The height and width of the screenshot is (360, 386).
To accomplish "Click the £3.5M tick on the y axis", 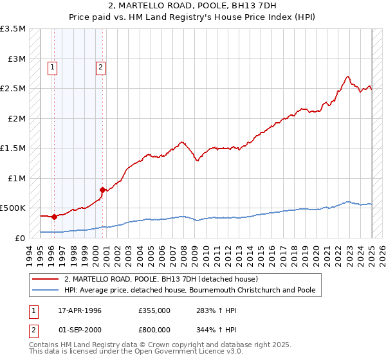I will pos(13,29).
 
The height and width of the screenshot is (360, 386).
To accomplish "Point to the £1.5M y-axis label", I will pos(13,148).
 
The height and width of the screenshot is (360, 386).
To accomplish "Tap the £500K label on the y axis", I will pos(13,208).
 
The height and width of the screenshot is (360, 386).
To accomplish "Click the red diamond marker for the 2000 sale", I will pos(102,190).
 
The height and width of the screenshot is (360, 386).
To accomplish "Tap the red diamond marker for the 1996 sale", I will pos(54,217).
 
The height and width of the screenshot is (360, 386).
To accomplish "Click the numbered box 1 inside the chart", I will pos(52,65).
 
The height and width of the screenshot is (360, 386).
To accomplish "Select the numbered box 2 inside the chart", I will pos(101,65).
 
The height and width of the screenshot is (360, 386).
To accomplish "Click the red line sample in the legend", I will pos(45,280).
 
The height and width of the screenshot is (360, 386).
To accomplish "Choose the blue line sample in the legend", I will pos(45,290).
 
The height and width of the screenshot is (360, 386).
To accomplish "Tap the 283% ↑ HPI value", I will pos(206,310).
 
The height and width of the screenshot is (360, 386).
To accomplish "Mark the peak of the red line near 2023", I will pos(347,76).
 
